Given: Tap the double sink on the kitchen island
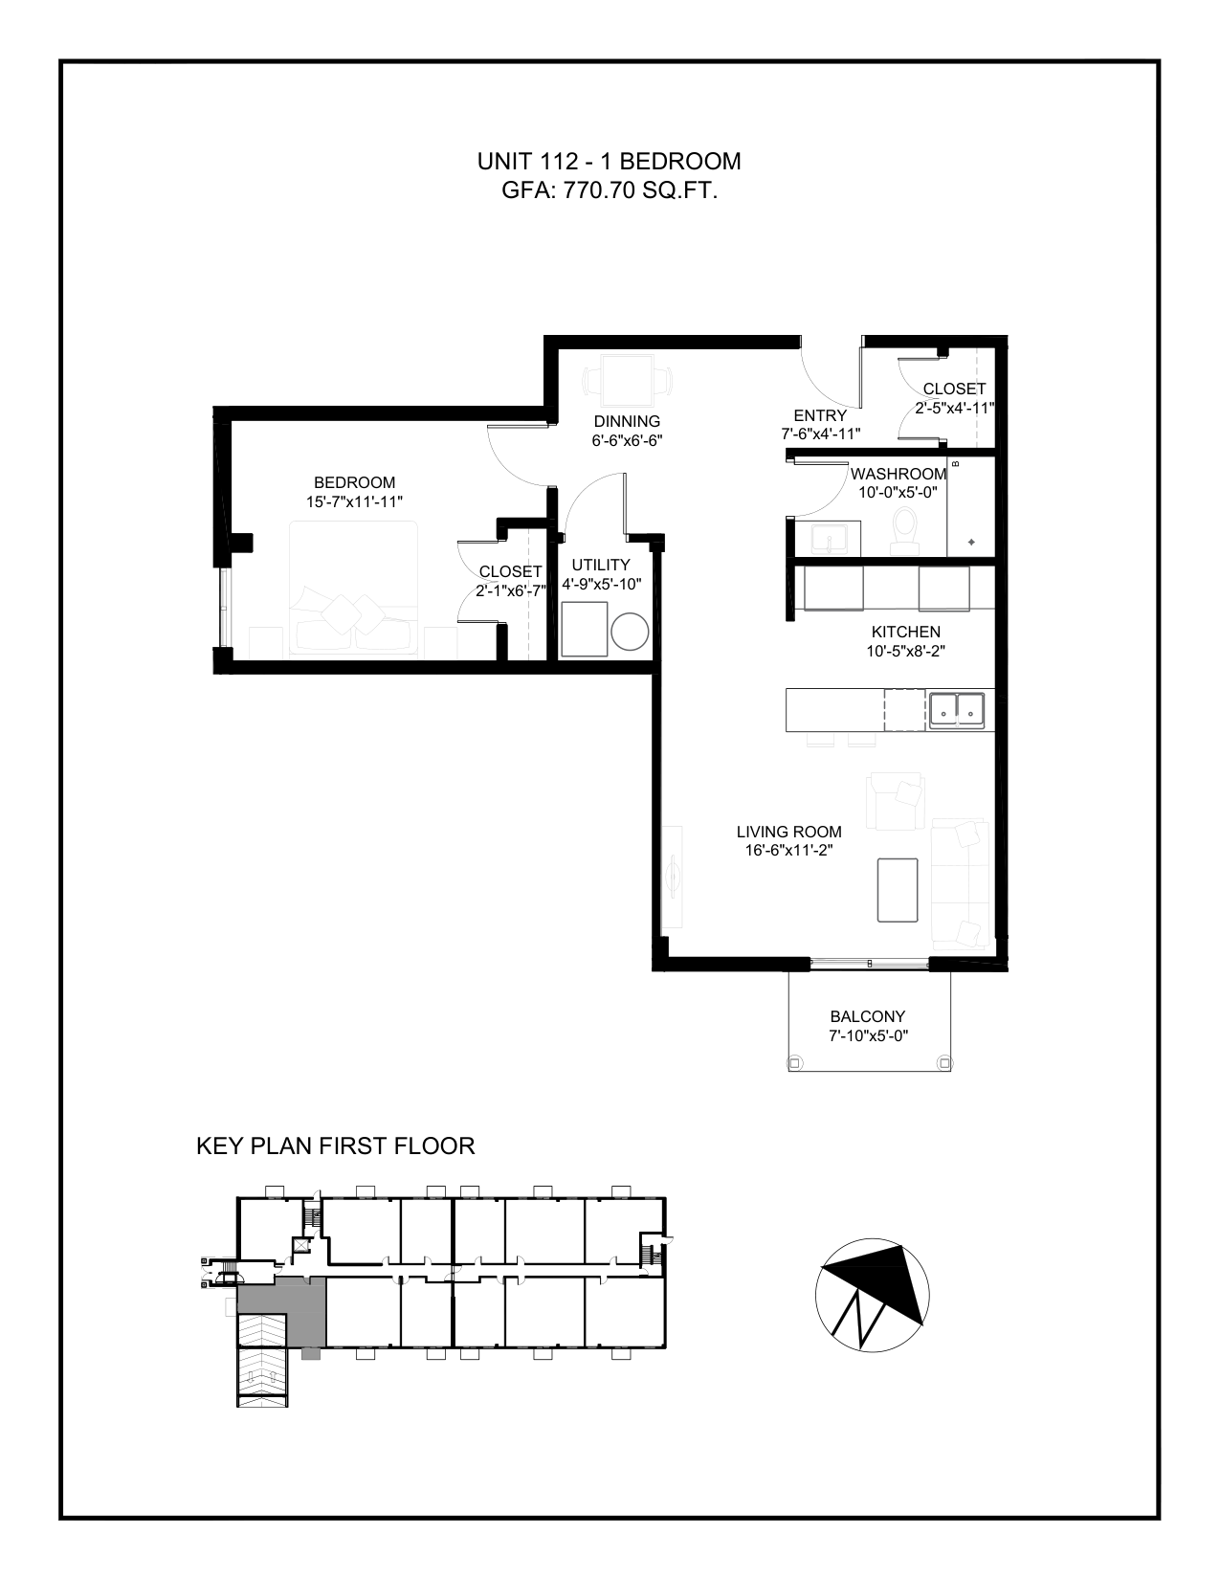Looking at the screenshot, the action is click(x=956, y=710).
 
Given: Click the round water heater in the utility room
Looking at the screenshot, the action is click(x=630, y=632).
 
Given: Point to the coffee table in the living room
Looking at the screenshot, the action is click(x=898, y=890).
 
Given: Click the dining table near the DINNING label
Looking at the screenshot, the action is click(x=627, y=380).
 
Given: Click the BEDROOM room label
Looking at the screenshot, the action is click(x=355, y=482).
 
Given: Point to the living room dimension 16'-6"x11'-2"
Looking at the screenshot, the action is click(x=789, y=850).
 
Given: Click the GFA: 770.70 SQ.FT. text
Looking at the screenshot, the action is click(x=610, y=190).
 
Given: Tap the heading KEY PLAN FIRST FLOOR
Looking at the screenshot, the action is click(x=336, y=1145).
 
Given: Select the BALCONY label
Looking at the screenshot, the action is click(x=868, y=1016).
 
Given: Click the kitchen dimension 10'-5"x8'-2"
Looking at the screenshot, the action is click(x=905, y=651).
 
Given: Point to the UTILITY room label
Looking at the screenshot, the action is click(x=601, y=565).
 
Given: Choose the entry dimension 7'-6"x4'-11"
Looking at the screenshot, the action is click(x=820, y=434).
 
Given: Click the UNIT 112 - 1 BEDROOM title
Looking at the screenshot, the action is click(x=609, y=162).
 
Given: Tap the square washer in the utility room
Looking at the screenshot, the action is click(x=585, y=630).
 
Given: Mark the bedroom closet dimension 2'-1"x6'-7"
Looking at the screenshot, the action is click(x=511, y=590).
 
